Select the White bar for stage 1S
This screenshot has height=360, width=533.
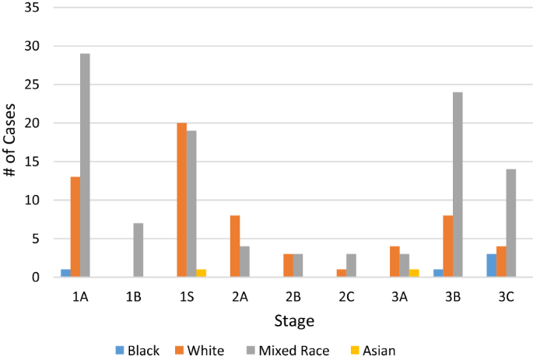click(x=182, y=200)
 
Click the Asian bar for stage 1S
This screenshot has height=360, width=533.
click(x=201, y=273)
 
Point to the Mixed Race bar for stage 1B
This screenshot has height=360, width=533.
click(x=139, y=250)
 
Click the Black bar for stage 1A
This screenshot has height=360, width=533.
click(x=65, y=273)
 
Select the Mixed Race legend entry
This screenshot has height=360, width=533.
click(x=287, y=351)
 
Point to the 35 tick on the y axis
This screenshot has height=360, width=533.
click(x=36, y=7)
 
